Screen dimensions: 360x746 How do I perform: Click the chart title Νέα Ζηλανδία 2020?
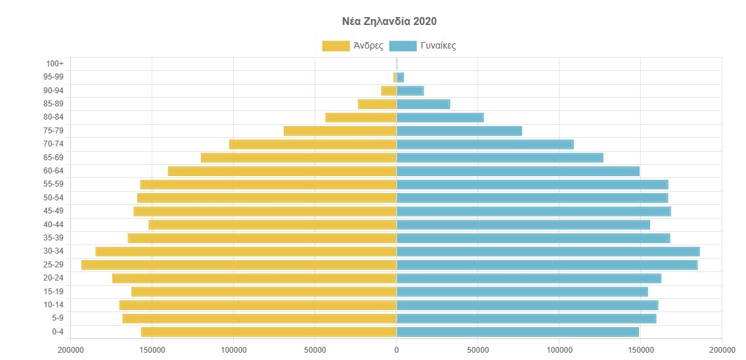389,21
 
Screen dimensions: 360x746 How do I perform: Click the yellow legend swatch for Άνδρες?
336,46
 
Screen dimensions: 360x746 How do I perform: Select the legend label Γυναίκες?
438,46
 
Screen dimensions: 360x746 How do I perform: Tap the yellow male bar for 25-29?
239,265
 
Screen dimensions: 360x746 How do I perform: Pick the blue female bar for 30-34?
548,251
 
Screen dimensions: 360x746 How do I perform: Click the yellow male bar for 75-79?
340,131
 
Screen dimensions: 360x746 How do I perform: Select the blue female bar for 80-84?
440,118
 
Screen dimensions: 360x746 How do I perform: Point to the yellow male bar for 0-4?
269,332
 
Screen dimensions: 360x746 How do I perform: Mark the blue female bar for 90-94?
410,91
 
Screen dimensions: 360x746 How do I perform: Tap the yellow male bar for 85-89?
377,104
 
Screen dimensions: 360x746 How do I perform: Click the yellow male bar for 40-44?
273,225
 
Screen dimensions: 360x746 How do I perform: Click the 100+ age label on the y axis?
55,64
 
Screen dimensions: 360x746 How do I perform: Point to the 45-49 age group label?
54,211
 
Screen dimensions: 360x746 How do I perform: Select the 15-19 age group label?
54,292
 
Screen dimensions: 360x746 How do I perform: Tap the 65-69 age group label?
54,158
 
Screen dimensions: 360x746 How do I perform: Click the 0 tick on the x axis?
396,349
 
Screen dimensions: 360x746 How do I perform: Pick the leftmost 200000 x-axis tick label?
70,349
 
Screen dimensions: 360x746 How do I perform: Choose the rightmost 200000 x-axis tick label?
722,349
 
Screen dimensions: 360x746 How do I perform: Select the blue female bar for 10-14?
527,305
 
